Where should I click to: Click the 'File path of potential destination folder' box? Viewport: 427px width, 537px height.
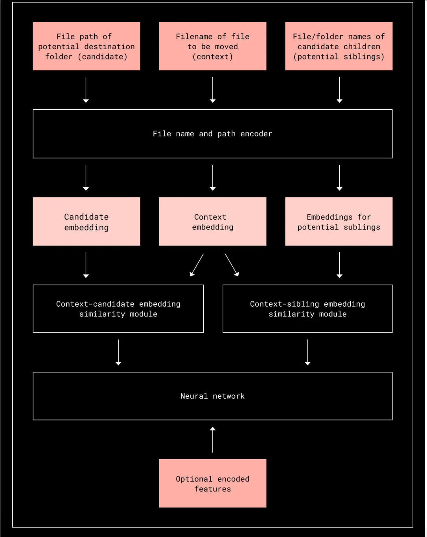click(86, 46)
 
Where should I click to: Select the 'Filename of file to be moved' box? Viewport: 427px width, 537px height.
click(212, 46)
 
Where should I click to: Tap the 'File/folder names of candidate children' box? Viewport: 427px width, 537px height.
click(339, 46)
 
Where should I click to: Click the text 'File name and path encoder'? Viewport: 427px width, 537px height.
click(212, 134)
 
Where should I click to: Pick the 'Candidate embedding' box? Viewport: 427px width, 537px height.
click(86, 222)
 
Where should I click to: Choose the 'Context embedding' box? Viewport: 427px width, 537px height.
click(212, 222)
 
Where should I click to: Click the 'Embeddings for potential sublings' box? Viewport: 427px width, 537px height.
click(339, 222)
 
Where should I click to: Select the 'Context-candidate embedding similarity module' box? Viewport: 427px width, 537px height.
click(118, 309)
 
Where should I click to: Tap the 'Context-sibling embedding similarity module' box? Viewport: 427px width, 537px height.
click(307, 309)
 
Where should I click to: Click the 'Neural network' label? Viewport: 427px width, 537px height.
click(212, 396)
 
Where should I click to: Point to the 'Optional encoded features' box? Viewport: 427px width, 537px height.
click(212, 484)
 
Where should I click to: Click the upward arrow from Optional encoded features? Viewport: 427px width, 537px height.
click(213, 440)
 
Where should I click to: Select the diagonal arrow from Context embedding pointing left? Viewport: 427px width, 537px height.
click(197, 265)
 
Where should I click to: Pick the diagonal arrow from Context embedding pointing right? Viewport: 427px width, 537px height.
click(232, 265)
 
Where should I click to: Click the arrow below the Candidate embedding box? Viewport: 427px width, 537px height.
click(86, 265)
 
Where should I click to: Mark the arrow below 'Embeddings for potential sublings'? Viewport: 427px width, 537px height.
click(339, 265)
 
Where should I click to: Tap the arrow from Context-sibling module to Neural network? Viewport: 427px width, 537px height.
click(307, 352)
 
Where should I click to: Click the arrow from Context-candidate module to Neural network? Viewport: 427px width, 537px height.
click(118, 352)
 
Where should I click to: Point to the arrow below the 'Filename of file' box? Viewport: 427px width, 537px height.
click(213, 90)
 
